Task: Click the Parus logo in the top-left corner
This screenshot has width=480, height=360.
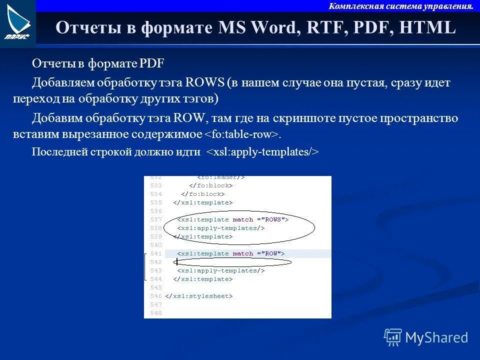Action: coord(17,23)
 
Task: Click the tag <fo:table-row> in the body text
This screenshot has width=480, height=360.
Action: coord(241,134)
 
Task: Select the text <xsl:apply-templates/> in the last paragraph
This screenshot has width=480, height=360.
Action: coord(262,151)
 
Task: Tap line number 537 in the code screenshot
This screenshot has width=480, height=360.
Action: coord(155,219)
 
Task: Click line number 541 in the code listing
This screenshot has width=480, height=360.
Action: coord(155,253)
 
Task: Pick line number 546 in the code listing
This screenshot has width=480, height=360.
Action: coord(155,296)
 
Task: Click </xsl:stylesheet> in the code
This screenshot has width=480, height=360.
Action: coord(199,296)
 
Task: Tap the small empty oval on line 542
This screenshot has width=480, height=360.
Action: coord(232,261)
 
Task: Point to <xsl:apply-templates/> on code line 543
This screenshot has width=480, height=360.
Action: coord(220,270)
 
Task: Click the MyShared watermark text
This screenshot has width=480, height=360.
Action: coord(436,337)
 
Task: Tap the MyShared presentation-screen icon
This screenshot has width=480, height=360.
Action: coord(393,337)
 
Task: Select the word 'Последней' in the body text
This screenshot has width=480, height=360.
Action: coord(53,151)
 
